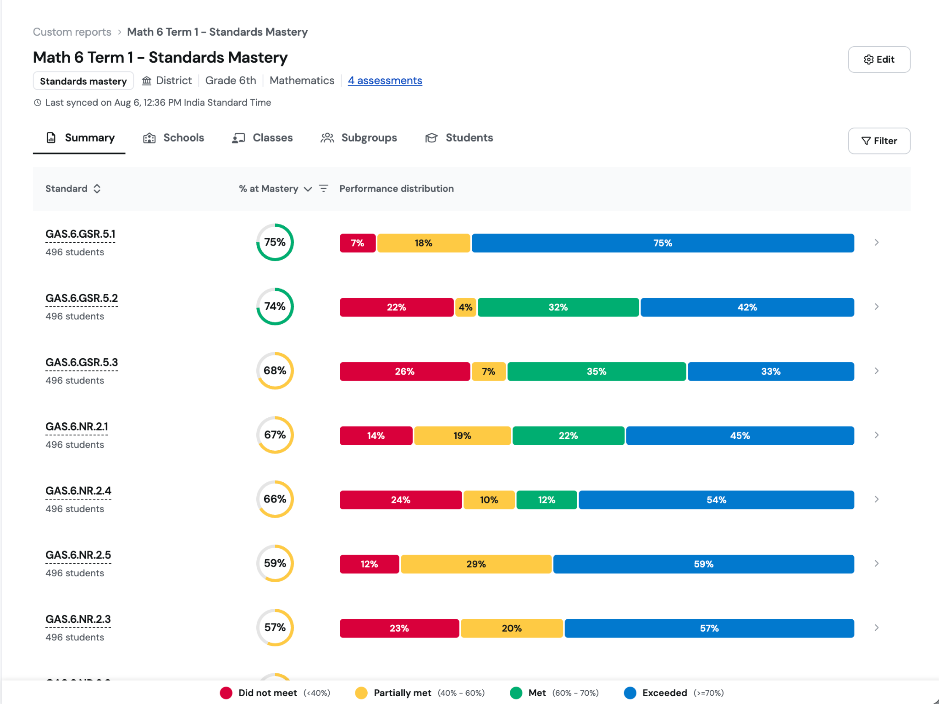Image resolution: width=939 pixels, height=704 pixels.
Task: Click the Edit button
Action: tap(879, 60)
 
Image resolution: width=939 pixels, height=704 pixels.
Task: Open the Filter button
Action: tap(879, 141)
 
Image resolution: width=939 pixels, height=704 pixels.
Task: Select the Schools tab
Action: tap(174, 138)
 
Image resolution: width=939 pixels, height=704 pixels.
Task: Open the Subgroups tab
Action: tap(359, 138)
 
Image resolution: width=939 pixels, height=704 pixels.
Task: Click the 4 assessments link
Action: tap(385, 81)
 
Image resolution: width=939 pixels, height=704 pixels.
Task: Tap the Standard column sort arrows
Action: tap(97, 189)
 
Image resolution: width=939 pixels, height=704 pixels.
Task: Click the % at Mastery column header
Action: tap(269, 189)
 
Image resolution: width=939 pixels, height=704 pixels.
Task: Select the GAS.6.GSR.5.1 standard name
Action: tap(80, 234)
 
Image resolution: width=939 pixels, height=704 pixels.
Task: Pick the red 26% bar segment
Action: tap(405, 371)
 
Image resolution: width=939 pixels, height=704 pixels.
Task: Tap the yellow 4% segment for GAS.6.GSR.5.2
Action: tap(465, 307)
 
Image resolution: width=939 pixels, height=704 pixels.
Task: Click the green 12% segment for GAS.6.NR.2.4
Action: tap(547, 500)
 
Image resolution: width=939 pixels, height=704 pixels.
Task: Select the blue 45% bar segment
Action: tap(740, 436)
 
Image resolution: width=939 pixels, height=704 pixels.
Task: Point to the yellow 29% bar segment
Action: tap(476, 564)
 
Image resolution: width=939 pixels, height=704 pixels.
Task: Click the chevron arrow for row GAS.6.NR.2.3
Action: tap(877, 628)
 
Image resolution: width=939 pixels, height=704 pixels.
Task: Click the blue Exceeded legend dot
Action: tap(630, 693)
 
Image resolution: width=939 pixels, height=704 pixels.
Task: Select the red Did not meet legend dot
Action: tap(226, 693)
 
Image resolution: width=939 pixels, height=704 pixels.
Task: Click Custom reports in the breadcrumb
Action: tap(72, 32)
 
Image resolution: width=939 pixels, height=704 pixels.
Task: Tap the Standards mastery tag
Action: tap(83, 81)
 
